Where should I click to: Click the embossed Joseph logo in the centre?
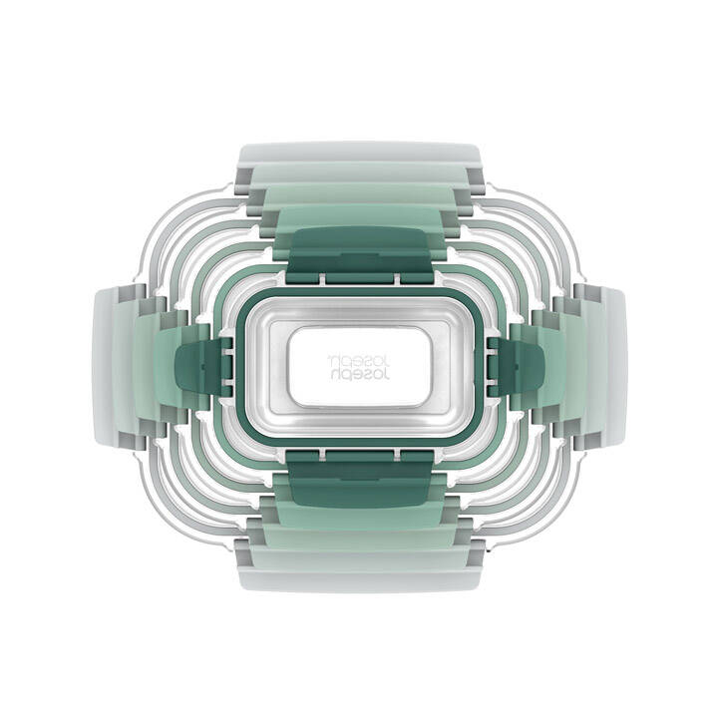359,367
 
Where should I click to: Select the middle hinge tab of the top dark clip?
359,279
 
